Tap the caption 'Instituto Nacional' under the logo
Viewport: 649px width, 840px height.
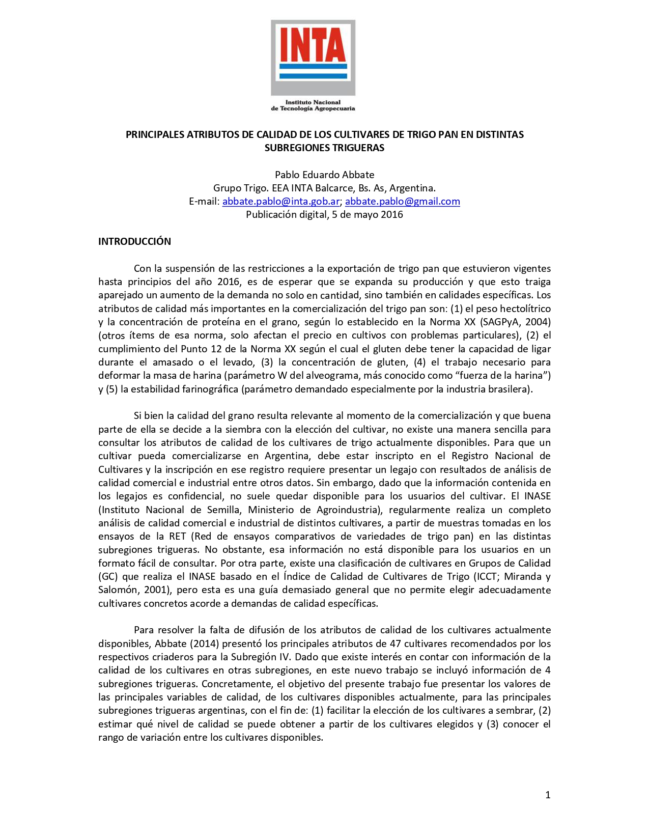click(x=313, y=102)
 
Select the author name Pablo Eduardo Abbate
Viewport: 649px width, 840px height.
click(x=324, y=175)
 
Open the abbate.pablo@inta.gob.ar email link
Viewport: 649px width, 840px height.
click(x=280, y=202)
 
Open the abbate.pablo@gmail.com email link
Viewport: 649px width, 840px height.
click(x=402, y=202)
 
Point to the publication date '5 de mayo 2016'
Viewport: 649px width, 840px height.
click(x=367, y=215)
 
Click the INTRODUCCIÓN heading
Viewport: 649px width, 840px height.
click(x=134, y=241)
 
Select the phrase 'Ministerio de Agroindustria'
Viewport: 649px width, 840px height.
click(x=315, y=510)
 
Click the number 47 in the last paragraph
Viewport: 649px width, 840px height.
click(x=395, y=644)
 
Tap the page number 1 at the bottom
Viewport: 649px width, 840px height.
click(x=548, y=795)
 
